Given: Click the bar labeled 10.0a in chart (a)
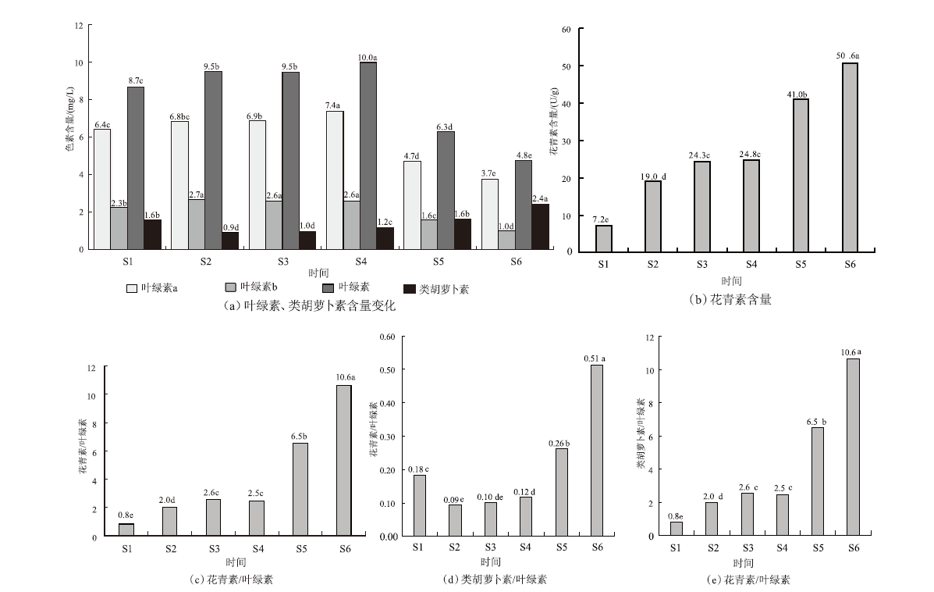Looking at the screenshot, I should [x=368, y=155].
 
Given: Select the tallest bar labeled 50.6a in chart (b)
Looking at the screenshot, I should [x=850, y=157].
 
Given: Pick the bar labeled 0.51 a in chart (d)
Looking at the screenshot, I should [x=597, y=451].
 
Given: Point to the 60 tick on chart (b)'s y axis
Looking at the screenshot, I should [x=566, y=30].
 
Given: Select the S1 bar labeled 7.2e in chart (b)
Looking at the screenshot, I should [x=604, y=238].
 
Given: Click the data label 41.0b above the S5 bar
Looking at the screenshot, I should [x=801, y=93].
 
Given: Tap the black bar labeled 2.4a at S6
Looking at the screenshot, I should [x=541, y=226].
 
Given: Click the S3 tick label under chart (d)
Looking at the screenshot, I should [x=490, y=547].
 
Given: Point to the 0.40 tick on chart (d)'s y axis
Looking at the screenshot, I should [x=387, y=403].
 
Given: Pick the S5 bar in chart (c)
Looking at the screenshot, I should [x=300, y=490].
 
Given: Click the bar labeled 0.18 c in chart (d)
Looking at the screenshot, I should [x=418, y=505].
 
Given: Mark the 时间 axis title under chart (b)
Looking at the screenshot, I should [x=731, y=281].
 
